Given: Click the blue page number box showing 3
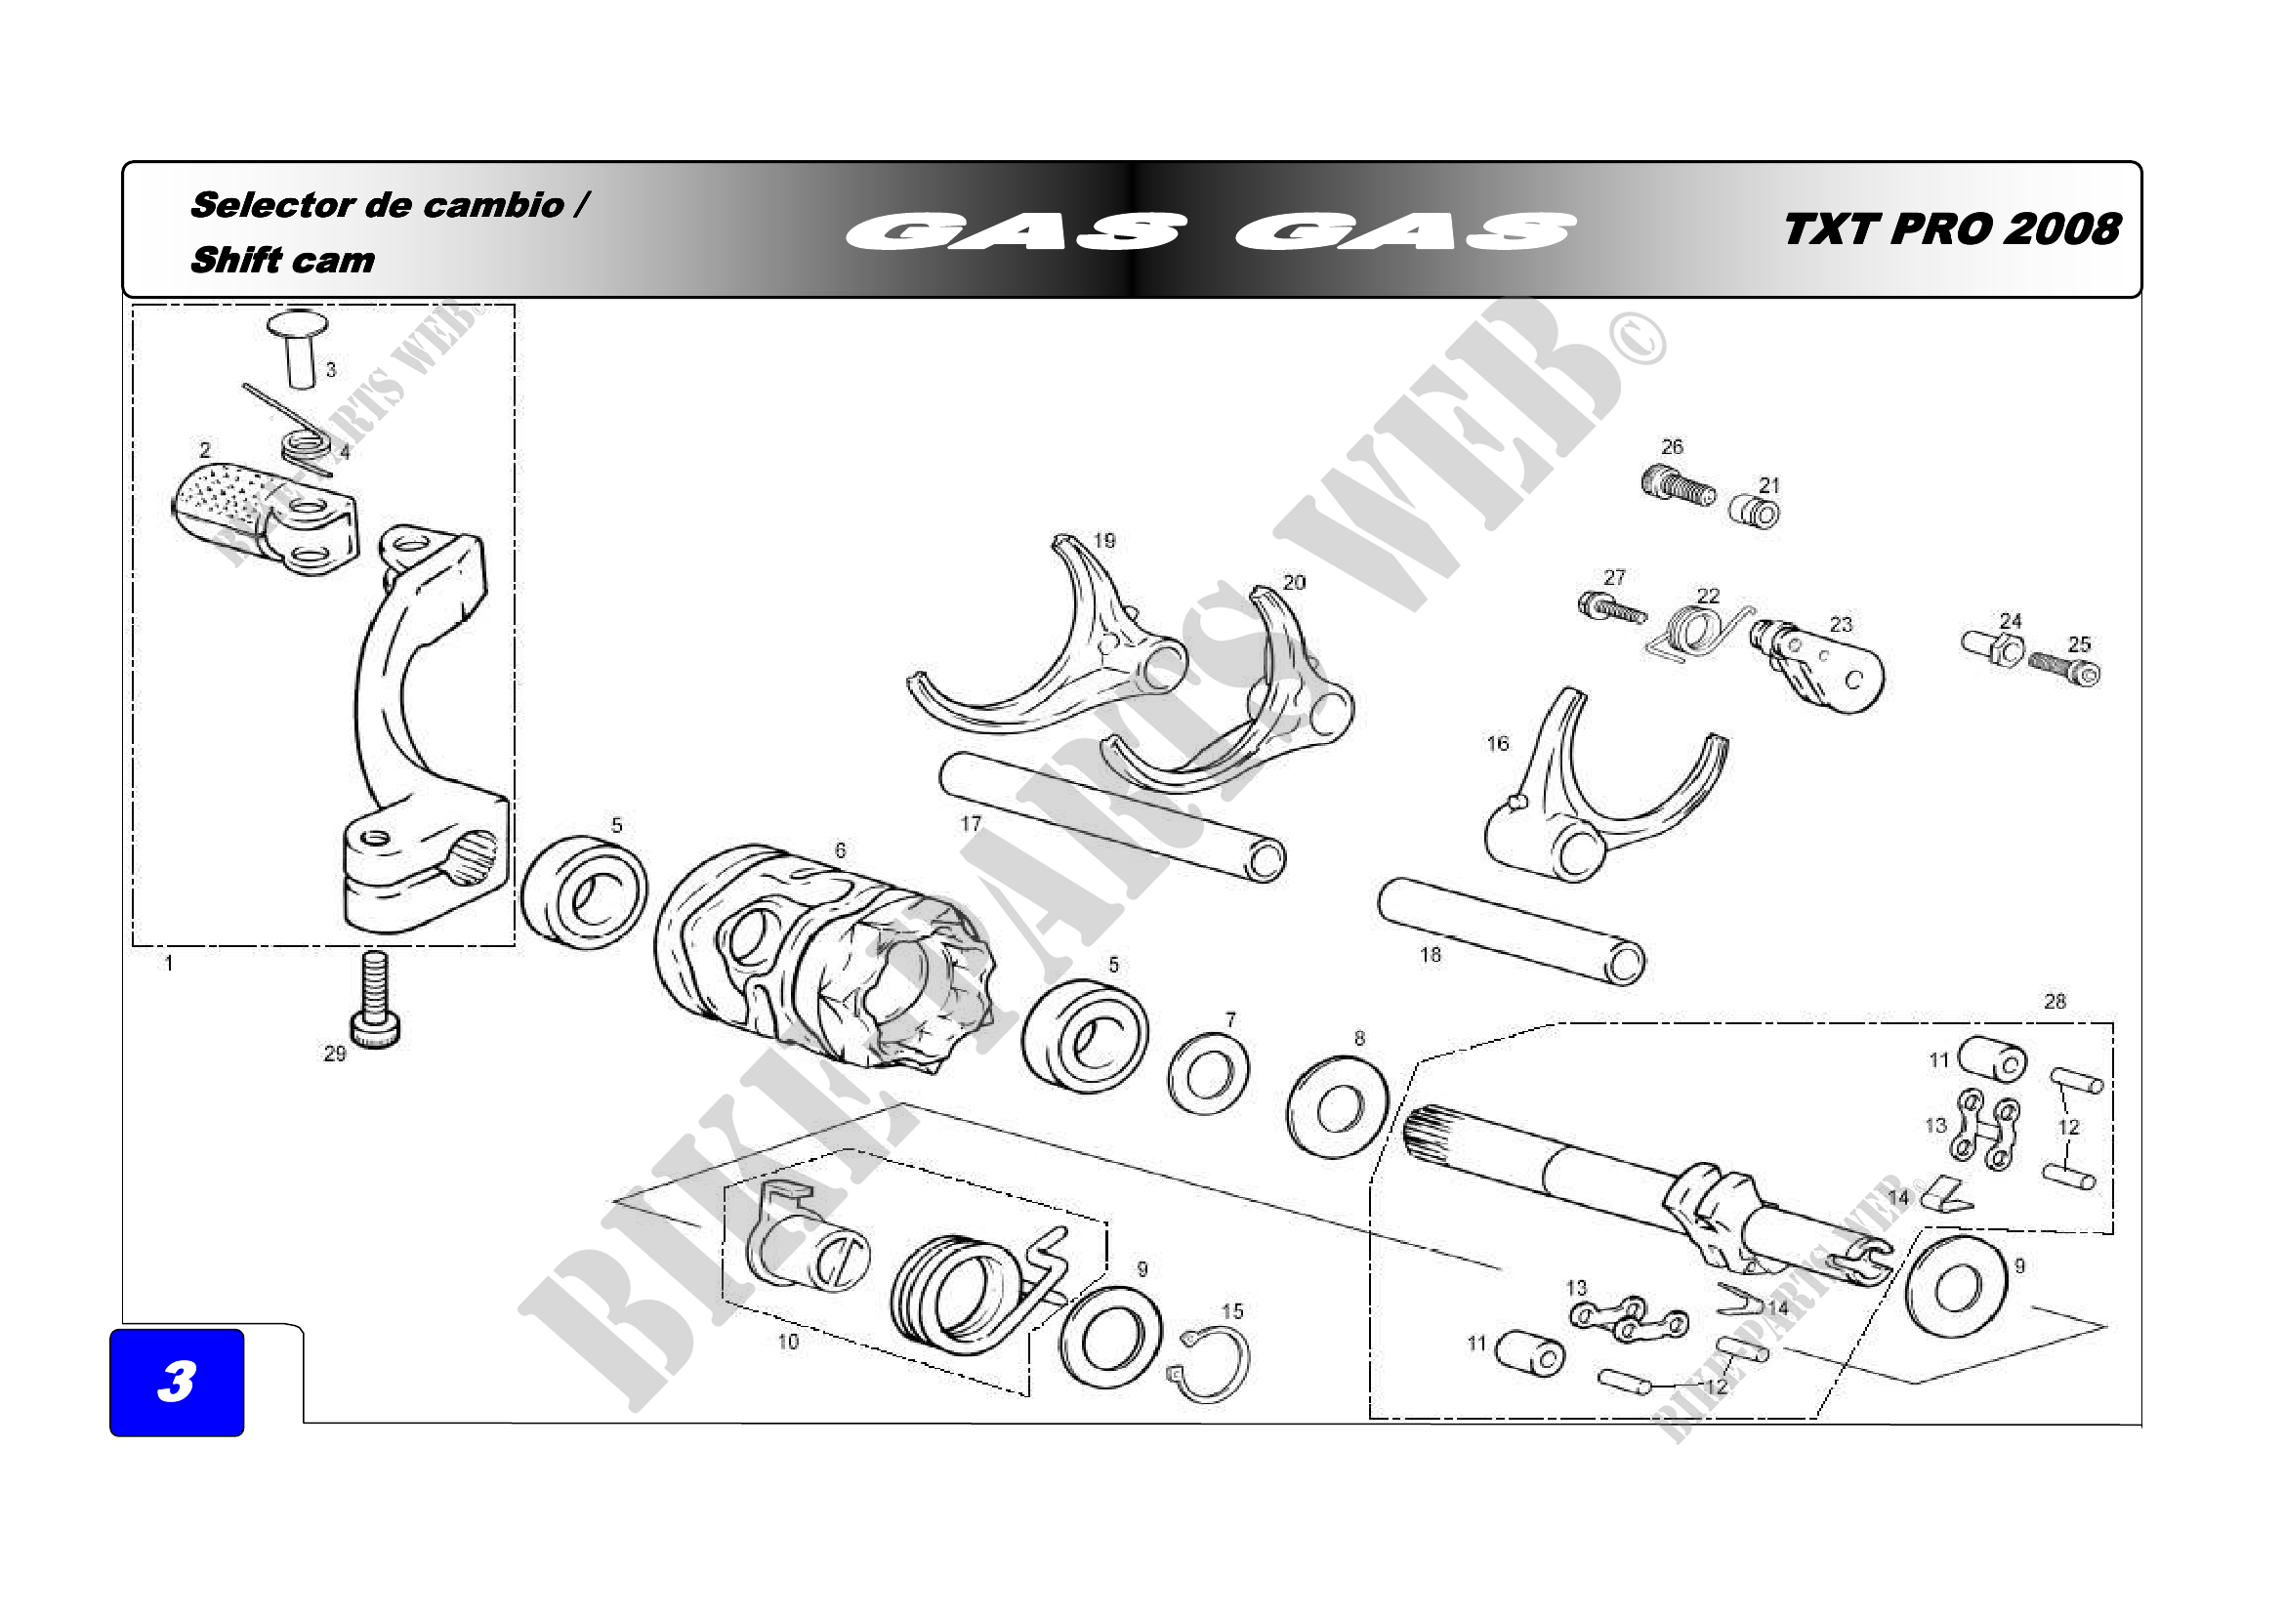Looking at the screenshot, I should coord(176,1382).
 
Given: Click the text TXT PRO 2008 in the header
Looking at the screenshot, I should coord(1951,228).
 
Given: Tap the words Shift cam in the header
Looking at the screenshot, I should coord(282,261).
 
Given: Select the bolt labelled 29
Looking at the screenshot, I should coord(375,1000).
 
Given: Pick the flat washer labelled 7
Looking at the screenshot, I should coord(1209,1074).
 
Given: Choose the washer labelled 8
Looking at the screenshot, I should coord(1338,1107).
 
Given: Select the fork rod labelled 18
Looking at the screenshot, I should coord(1512,931).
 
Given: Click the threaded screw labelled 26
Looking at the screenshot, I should coord(1678,485).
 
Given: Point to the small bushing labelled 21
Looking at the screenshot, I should coord(1755,514).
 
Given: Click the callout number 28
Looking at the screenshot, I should coord(2055,1002).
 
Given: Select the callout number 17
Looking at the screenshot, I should coord(970,823).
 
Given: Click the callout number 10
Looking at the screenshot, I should coord(788,1342).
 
